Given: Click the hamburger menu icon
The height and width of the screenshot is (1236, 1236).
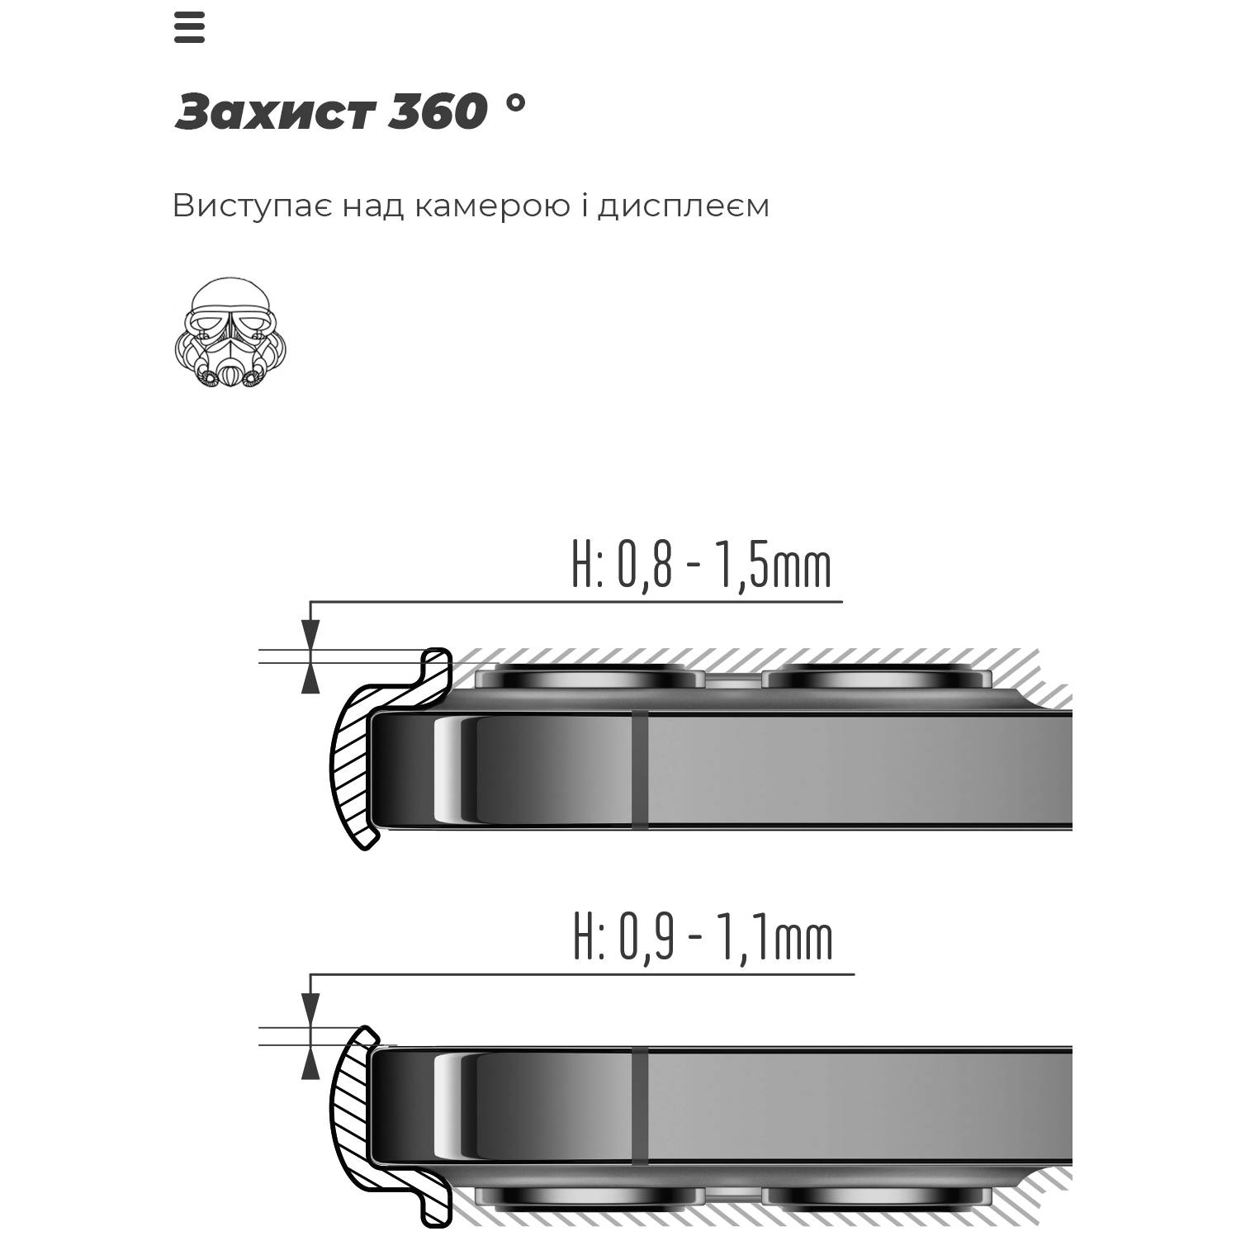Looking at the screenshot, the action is (189, 28).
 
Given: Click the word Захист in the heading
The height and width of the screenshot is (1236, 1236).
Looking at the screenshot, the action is (276, 111).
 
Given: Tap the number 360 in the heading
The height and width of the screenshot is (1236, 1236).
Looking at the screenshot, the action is (437, 111).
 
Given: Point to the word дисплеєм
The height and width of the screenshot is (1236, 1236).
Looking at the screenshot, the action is (684, 206).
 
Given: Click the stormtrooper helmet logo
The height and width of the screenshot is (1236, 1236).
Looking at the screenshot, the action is (230, 333).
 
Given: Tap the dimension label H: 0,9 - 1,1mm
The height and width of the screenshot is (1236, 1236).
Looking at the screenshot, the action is (703, 937).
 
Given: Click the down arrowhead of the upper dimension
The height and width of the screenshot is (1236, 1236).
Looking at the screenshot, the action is (310, 635).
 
